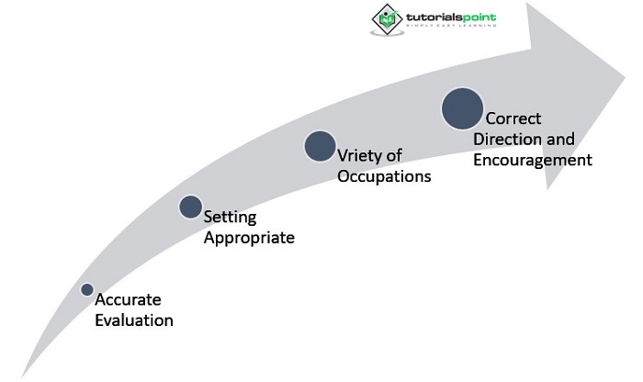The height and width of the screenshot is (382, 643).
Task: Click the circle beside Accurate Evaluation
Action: (x=87, y=289)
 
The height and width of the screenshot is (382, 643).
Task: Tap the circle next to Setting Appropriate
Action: (x=190, y=207)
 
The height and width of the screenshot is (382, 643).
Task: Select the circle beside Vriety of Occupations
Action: (x=320, y=146)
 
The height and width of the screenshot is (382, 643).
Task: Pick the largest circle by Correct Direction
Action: (x=462, y=107)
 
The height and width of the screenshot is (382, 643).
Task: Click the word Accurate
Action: (x=128, y=301)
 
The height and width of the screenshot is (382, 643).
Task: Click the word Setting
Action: (x=230, y=219)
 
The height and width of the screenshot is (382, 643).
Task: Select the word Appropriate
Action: (x=249, y=238)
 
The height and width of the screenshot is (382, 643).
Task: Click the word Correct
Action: (x=513, y=119)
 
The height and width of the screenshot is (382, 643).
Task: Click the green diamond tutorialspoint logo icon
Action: (x=386, y=17)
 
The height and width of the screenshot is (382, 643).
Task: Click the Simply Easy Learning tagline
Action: (x=447, y=25)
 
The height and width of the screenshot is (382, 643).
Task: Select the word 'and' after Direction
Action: (x=560, y=140)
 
